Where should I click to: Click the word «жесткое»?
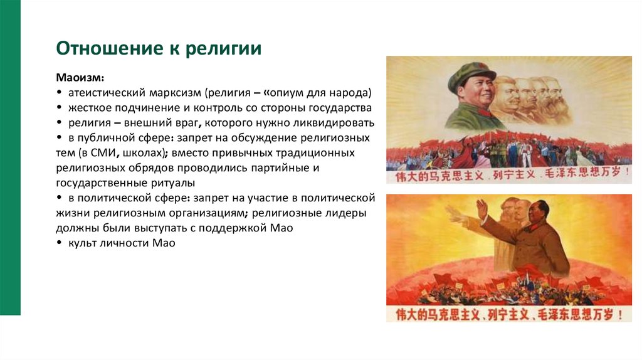pyautogui.click(x=90, y=108)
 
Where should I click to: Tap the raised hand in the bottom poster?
pyautogui.click(x=482, y=208)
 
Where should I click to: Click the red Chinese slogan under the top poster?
pyautogui.click(x=508, y=176)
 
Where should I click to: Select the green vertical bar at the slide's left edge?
pyautogui.click(x=10, y=157)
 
